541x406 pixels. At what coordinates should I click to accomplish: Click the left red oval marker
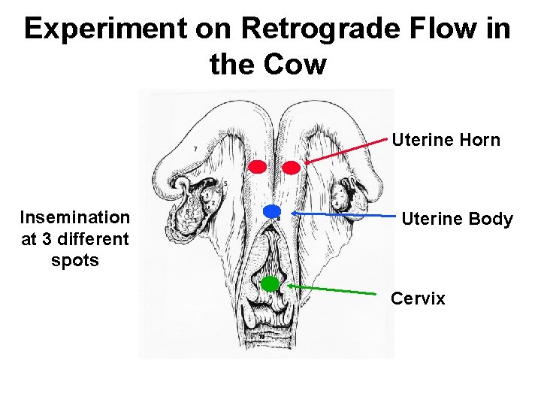(x=258, y=165)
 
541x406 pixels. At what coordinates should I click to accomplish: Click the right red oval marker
(x=291, y=168)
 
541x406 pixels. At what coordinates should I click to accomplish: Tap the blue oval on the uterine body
(x=272, y=210)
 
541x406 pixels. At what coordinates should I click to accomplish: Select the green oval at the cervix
(x=270, y=283)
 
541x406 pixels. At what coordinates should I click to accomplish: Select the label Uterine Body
(x=457, y=220)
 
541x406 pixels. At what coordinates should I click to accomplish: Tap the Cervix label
(x=418, y=298)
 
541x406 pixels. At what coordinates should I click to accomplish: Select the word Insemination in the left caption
(x=75, y=218)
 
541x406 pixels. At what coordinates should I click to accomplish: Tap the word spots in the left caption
(x=75, y=261)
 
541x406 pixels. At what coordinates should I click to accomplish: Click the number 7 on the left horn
(x=195, y=150)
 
